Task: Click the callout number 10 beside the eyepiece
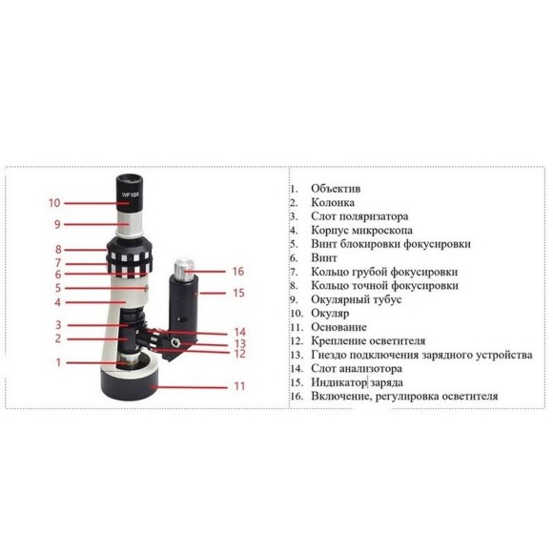click(54, 203)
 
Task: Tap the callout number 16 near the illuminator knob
click(238, 271)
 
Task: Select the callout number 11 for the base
click(239, 386)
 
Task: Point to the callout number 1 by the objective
click(58, 362)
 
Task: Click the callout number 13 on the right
click(240, 343)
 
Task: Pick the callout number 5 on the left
click(58, 288)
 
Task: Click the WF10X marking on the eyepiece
click(131, 195)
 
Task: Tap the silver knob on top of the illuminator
click(184, 269)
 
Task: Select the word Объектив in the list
click(336, 189)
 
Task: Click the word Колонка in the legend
click(333, 202)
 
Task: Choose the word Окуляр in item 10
click(330, 313)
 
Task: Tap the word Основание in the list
click(338, 327)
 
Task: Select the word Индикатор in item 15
click(338, 382)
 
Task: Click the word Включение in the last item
click(341, 397)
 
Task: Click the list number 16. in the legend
click(297, 397)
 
